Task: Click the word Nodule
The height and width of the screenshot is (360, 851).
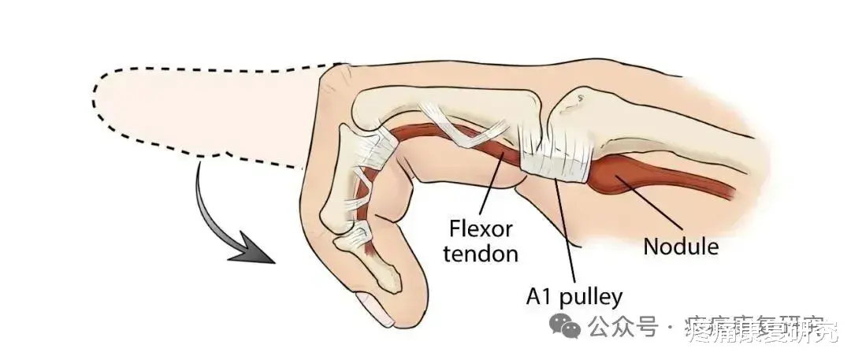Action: (681, 246)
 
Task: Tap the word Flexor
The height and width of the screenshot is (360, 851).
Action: (481, 230)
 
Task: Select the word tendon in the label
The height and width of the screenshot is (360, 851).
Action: (481, 254)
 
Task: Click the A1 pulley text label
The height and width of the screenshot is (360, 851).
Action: (574, 296)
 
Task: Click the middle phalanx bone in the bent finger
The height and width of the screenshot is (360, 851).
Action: (351, 197)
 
